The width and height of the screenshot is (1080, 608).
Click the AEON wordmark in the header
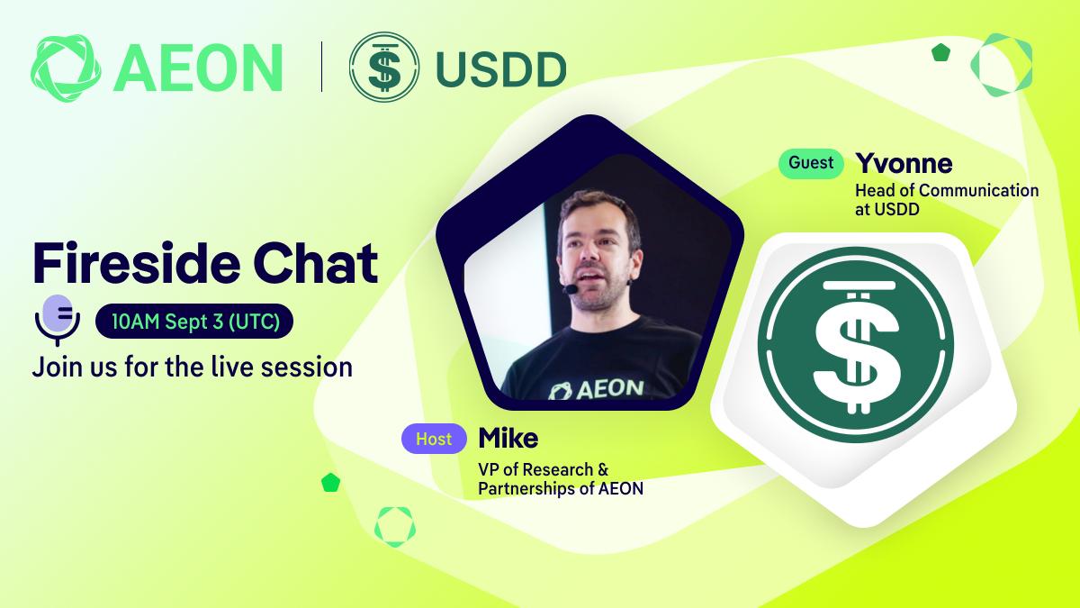[x=198, y=68]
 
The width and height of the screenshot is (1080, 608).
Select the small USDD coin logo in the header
[x=384, y=67]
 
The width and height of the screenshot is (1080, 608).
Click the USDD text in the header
[x=501, y=70]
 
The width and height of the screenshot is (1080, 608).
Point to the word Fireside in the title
[x=137, y=263]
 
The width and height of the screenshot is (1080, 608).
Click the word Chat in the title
[x=316, y=263]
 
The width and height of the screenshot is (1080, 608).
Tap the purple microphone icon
[x=58, y=320]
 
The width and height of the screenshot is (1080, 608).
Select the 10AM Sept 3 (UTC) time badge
[x=194, y=321]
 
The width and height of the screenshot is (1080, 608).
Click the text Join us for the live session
[x=193, y=367]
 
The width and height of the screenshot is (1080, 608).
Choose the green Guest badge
[x=811, y=163]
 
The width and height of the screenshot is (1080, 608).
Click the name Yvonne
[x=904, y=164]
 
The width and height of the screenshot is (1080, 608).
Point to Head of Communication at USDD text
[x=947, y=200]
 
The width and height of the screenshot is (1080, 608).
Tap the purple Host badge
[x=434, y=439]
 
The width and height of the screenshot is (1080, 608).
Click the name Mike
[x=508, y=438]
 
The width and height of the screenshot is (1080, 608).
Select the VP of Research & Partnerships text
[x=561, y=478]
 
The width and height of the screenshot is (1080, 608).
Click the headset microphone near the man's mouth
[x=571, y=289]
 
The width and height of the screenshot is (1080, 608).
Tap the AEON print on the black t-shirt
[x=597, y=390]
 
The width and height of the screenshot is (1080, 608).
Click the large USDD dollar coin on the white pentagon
[x=856, y=344]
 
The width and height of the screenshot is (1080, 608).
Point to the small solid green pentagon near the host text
[x=331, y=483]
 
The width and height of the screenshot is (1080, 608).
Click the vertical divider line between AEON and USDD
[x=321, y=67]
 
